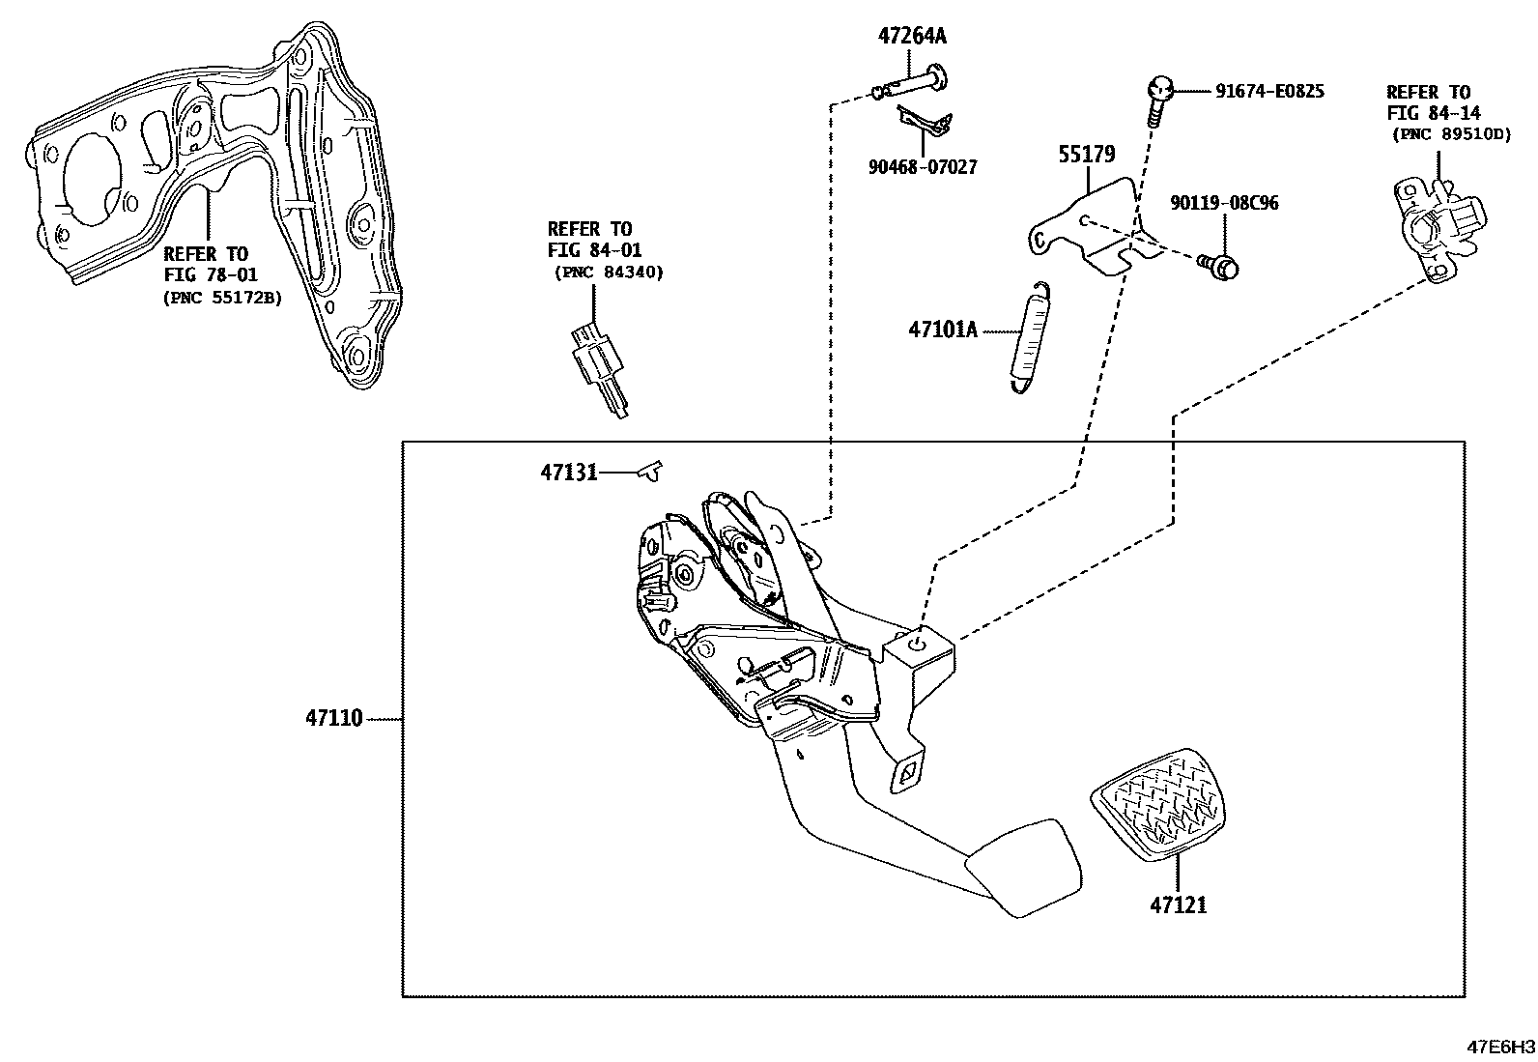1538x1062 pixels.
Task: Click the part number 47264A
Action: [912, 37]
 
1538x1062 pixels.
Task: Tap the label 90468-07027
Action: [922, 167]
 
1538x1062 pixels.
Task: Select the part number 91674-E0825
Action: [1268, 92]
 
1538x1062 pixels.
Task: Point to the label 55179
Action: [1086, 155]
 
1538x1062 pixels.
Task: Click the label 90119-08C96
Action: [1224, 203]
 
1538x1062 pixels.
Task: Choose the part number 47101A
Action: [942, 330]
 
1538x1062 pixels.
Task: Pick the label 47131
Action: [568, 473]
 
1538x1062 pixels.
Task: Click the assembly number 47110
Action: [333, 718]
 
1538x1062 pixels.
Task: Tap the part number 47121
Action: [1178, 905]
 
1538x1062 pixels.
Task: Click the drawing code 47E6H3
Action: [1501, 1047]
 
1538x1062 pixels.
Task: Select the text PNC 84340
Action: [609, 273]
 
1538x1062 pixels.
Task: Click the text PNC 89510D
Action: [1451, 134]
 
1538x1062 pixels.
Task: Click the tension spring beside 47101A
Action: [1027, 338]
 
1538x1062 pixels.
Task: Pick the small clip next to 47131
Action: [651, 471]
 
